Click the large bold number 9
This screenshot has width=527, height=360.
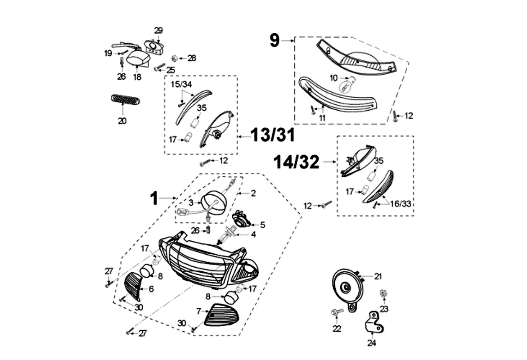[275, 40]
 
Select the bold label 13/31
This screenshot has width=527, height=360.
[273, 135]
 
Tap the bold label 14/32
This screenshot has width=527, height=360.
[297, 162]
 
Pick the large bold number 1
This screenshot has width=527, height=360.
[154, 198]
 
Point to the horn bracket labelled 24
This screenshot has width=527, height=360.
[374, 322]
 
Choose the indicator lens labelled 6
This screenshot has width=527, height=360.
[133, 287]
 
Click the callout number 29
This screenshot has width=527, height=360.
[158, 30]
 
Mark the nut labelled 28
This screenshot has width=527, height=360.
[174, 58]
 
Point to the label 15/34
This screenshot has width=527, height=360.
[181, 84]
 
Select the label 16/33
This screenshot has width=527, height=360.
[400, 203]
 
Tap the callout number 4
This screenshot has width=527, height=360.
[253, 234]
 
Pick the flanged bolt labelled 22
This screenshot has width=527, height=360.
[337, 312]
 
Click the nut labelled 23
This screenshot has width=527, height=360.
[383, 293]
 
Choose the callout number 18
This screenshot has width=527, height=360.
[137, 77]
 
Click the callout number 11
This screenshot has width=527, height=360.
[322, 118]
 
